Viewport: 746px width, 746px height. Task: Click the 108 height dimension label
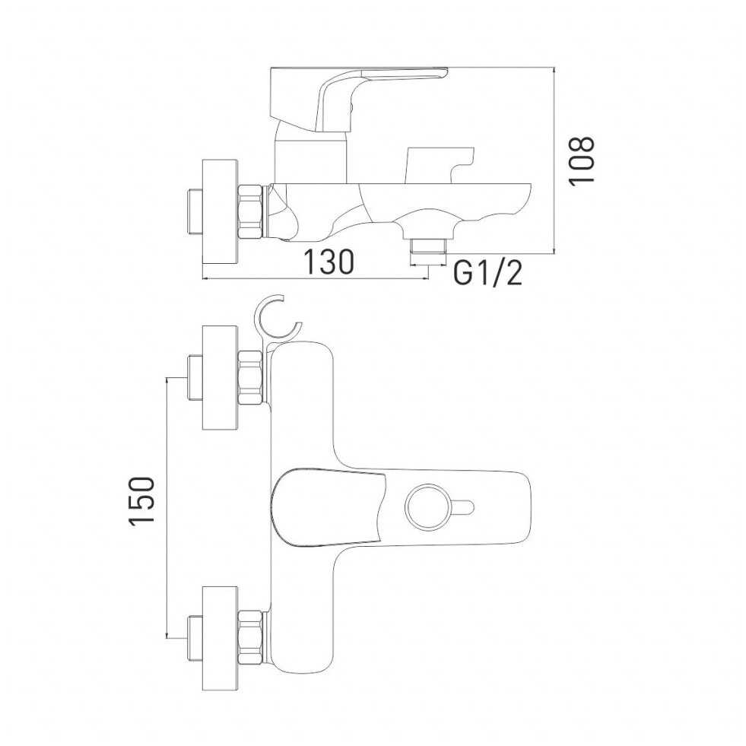click(x=583, y=160)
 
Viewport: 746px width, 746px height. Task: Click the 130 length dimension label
click(x=329, y=262)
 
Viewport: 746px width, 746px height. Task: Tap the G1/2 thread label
click(x=487, y=274)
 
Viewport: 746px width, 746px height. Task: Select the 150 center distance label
click(x=141, y=500)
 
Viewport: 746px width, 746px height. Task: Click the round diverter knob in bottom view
click(x=427, y=508)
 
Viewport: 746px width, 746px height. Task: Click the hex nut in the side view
click(x=249, y=211)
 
